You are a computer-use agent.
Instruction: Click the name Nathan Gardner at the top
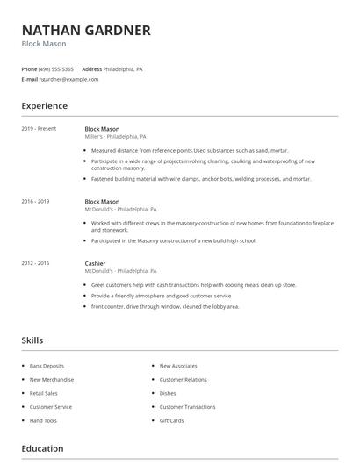pos(86,31)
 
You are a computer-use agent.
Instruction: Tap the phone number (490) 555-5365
pos(57,68)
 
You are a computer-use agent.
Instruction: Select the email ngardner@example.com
pos(68,79)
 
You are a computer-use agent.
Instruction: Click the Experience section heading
pos(45,106)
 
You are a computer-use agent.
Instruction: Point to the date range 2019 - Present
pos(39,128)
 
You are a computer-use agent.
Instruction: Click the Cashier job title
pos(95,263)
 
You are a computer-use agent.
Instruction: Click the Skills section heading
pos(32,340)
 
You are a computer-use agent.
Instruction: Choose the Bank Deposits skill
pos(47,366)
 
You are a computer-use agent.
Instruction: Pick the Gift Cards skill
pos(171,421)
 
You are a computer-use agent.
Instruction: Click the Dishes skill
pos(168,393)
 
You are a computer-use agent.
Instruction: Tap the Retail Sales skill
pos(44,393)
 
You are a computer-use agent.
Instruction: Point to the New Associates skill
pos(177,366)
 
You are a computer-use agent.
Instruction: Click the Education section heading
pos(43,449)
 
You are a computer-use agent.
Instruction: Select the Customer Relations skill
pos(183,380)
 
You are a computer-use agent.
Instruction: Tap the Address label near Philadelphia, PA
pos(91,68)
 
